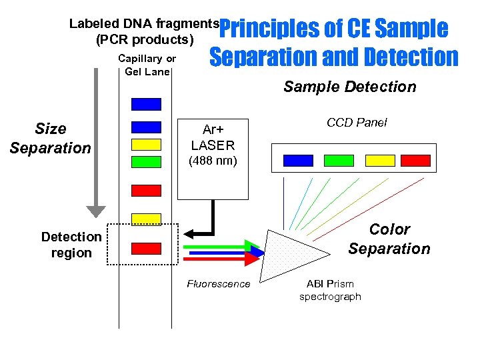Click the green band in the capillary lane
pos(146,161)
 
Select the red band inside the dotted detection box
pos(146,249)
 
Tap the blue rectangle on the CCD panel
pos(298,160)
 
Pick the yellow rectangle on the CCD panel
pos(380,160)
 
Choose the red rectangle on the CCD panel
pos(416,160)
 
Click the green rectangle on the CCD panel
pos(339,160)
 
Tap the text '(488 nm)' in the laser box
pos(213,161)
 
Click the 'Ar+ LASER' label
pos(213,138)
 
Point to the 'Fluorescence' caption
pos(219,284)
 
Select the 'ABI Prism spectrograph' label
pos(330,290)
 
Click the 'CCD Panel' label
pos(357,123)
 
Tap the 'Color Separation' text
pos(389,239)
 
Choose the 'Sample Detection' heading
pos(349,87)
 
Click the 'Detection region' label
pos(71,245)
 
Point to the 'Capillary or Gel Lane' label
pos(147,65)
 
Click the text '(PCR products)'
pos(145,39)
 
